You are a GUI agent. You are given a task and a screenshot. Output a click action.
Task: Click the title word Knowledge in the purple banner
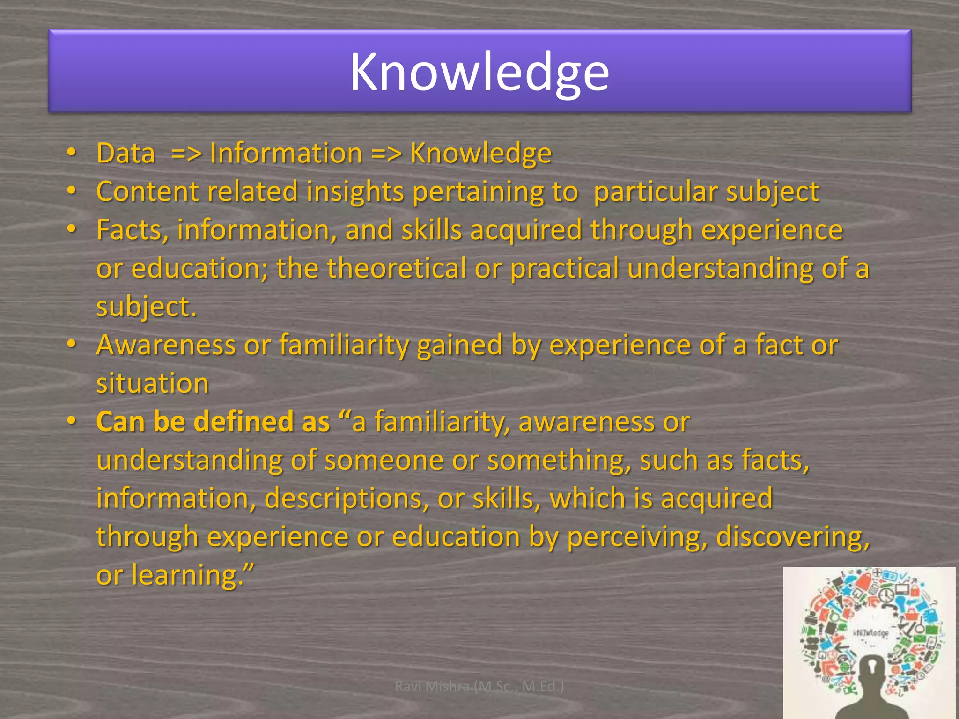point(479,73)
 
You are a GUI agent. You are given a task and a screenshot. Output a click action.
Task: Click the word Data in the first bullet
point(125,153)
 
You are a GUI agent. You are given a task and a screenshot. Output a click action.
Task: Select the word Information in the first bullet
point(286,153)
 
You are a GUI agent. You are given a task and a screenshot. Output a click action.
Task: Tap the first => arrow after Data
point(186,154)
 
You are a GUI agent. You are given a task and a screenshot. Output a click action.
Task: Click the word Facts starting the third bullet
point(129,230)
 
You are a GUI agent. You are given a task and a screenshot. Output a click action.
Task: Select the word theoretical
point(396,268)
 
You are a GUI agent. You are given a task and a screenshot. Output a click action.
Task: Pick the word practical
point(564,269)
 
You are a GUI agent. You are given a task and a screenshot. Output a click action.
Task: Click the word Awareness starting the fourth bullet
point(166,345)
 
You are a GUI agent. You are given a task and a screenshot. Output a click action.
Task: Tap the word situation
point(152,383)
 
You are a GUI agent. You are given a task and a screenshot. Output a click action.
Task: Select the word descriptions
point(347,499)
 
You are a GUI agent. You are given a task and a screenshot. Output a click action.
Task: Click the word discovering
point(792,537)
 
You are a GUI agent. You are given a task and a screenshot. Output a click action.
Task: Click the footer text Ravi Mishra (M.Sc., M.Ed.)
point(479,686)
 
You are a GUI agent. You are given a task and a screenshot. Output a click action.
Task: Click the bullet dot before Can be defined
point(71,421)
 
